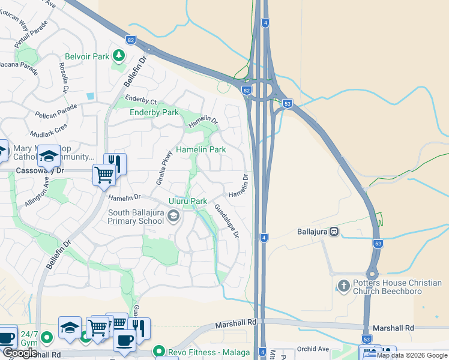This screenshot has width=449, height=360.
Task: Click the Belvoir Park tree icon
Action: (x=119, y=56)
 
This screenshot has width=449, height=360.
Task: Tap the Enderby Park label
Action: (x=154, y=112)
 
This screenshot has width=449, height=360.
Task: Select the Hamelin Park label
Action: (x=200, y=149)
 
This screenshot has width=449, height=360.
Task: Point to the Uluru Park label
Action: (x=187, y=201)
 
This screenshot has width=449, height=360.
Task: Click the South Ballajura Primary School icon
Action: (x=173, y=216)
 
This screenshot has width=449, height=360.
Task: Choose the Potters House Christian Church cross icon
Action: (x=344, y=286)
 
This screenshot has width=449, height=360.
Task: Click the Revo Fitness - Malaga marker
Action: (x=159, y=351)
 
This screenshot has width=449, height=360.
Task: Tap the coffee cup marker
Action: (x=124, y=340)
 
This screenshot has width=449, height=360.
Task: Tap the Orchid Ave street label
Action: (x=313, y=349)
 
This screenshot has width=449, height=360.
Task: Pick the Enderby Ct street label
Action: (x=140, y=100)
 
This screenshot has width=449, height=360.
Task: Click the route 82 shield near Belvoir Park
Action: (x=131, y=40)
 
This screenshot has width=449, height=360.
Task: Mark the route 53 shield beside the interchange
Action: (x=288, y=103)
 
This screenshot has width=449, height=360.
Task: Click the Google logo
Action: (x=20, y=353)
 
